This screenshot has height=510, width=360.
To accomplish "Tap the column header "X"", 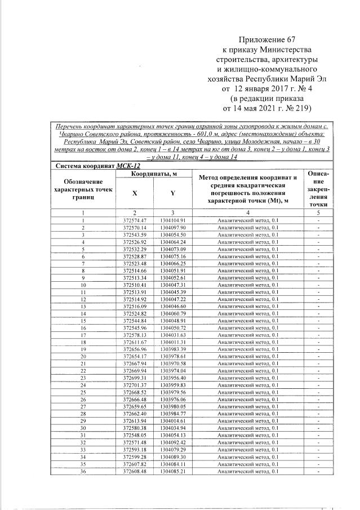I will click(134, 193).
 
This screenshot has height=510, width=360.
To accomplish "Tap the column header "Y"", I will click(172, 193).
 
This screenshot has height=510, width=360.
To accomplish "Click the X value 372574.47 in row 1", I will click(134, 220).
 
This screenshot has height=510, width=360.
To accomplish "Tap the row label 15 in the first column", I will click(83, 320).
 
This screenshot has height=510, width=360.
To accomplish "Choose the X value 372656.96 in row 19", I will click(134, 349).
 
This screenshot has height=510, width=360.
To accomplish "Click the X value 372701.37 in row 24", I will click(134, 385).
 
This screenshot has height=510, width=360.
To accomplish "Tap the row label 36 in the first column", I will click(83, 471).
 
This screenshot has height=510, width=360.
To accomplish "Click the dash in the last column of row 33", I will click(318, 449).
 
